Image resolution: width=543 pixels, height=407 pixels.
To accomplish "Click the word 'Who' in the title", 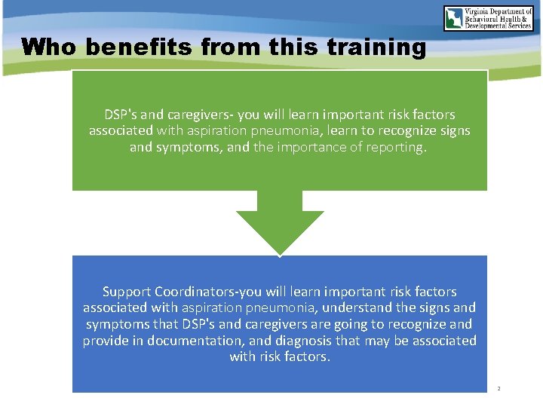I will click(50, 47).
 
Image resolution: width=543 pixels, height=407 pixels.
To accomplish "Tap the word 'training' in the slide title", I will click(376, 47).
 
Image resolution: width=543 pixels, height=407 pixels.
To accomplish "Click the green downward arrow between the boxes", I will click(280, 222).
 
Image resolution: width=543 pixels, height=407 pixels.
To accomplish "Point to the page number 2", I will click(498, 389).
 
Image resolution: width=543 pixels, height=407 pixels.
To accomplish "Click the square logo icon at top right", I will click(456, 18).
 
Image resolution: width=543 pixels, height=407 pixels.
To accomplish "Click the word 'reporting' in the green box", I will click(397, 147).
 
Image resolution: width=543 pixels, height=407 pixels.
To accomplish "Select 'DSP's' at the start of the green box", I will click(120, 115).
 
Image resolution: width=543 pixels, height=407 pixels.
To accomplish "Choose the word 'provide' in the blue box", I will click(105, 340).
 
